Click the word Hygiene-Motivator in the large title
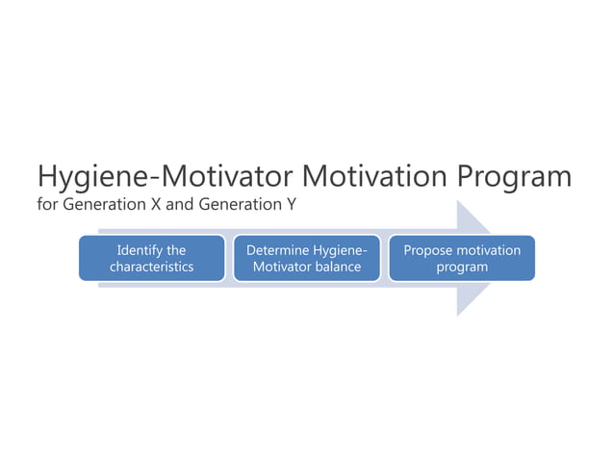pyautogui.click(x=165, y=178)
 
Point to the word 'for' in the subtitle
pyautogui.click(x=47, y=207)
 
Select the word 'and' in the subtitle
pyautogui.click(x=167, y=207)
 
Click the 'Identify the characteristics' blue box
pyautogui.click(x=152, y=258)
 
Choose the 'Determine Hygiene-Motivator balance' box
pyautogui.click(x=307, y=258)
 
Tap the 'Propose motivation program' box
pyautogui.click(x=461, y=258)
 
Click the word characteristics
pyautogui.click(x=152, y=267)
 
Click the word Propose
pyautogui.click(x=426, y=250)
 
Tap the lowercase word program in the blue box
pyautogui.click(x=462, y=267)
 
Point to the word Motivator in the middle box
pyautogui.click(x=282, y=267)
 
